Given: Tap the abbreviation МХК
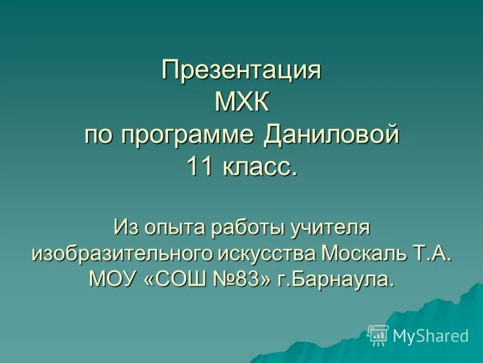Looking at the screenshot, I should (241, 103).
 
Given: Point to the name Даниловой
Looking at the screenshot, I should (331, 134).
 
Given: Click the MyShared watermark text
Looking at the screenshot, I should (430, 336).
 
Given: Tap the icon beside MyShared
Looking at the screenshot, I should (378, 335).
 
